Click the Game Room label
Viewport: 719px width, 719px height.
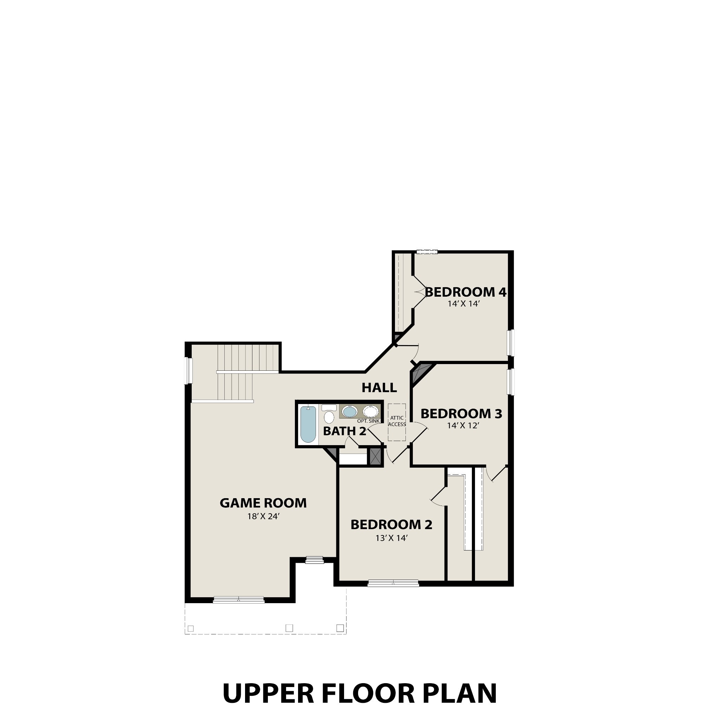coord(263,503)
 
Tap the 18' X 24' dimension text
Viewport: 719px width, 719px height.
coord(263,516)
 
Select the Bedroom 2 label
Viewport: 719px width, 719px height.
coord(391,525)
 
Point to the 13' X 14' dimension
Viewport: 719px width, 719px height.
coord(392,538)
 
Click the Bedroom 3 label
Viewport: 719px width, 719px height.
coord(461,414)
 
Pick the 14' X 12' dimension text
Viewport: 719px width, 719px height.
coord(463,426)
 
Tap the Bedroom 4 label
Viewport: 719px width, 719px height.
coord(466,292)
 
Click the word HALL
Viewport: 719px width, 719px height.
coord(379,388)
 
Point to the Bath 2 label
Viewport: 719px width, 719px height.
coord(345,431)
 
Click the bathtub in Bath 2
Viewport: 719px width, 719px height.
coord(308,424)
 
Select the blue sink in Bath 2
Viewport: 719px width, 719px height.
coord(349,411)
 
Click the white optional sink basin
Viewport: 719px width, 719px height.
coord(370,411)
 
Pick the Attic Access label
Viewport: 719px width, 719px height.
coord(397,421)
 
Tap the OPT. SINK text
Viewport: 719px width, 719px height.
coord(368,421)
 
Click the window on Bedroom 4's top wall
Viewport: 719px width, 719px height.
coord(427,252)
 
